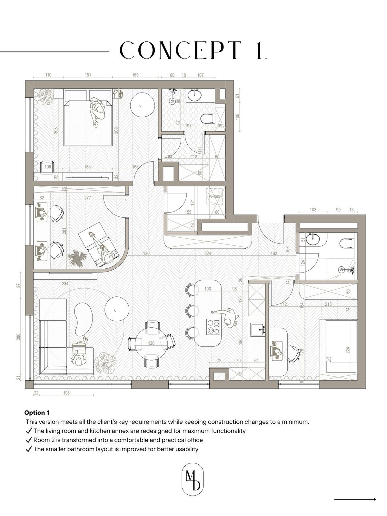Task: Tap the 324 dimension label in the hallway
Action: [207, 254]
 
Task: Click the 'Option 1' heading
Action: [37, 413]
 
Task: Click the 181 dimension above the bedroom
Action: [88, 75]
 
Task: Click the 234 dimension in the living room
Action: [65, 283]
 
